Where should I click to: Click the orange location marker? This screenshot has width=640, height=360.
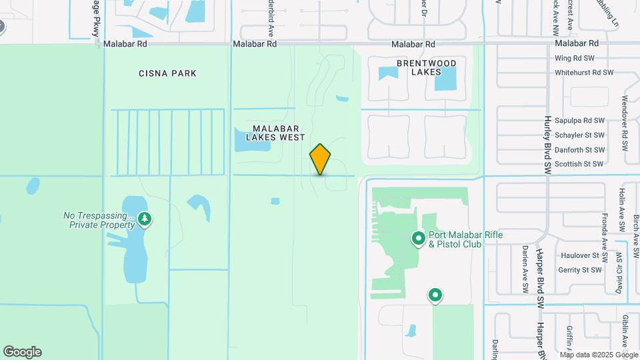[321, 159]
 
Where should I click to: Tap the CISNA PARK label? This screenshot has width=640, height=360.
[167, 73]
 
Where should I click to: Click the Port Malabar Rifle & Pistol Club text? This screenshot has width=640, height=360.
[465, 239]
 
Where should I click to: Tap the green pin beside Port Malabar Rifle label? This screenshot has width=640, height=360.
[419, 238]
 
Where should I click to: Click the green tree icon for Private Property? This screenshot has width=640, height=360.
[145, 219]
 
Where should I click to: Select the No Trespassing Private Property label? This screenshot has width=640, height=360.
[99, 220]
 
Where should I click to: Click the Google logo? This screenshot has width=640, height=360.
[22, 351]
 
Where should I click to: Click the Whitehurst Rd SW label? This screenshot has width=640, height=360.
[583, 72]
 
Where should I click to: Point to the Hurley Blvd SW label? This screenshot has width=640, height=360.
[547, 141]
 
